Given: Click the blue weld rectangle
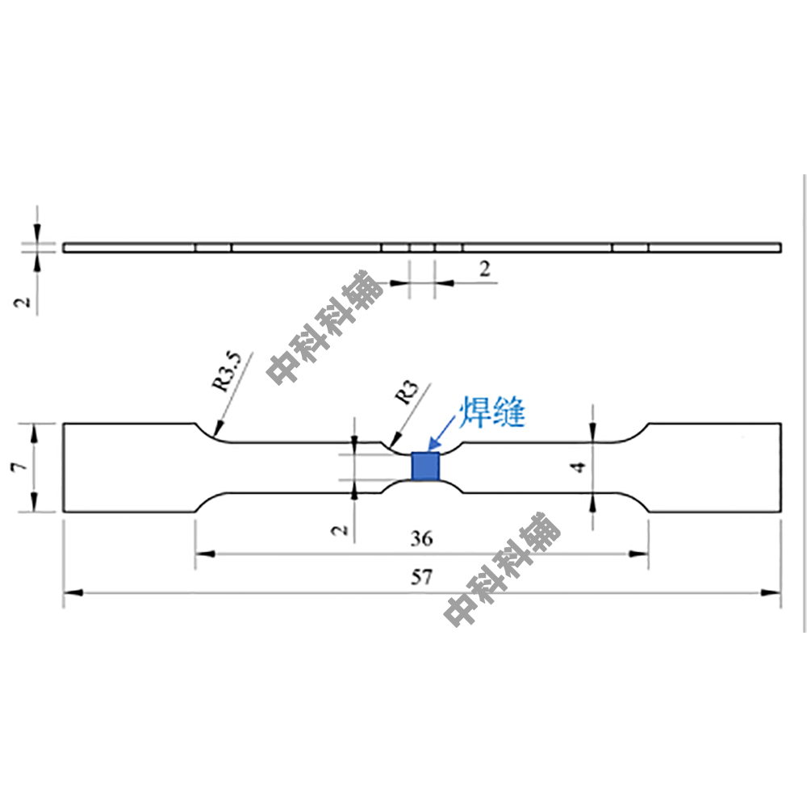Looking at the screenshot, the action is (x=425, y=466).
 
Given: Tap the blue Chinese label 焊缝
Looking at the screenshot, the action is (x=492, y=412).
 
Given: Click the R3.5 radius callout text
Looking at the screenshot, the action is (x=227, y=370).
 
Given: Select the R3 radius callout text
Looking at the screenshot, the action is (x=406, y=393).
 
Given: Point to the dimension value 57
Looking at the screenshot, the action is (x=421, y=577).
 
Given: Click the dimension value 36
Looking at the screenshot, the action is (x=421, y=538).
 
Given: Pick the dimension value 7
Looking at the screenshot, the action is (x=19, y=466).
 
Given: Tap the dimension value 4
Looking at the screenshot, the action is (x=579, y=466).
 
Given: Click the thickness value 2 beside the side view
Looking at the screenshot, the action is (x=22, y=302).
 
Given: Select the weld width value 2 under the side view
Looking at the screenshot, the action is (x=485, y=269).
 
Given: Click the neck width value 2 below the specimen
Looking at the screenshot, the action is (x=339, y=530).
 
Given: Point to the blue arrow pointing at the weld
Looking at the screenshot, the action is (x=441, y=433).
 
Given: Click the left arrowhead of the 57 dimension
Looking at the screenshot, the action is (x=73, y=593).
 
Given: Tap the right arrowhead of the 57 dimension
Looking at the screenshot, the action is (x=771, y=593).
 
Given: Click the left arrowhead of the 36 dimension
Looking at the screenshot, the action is (x=205, y=554).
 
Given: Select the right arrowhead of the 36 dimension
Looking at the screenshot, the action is (x=638, y=554).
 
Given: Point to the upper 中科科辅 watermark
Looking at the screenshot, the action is (x=325, y=328).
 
